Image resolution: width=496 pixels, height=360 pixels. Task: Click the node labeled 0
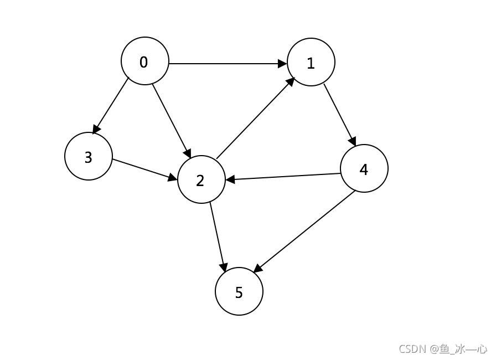pos(144,61)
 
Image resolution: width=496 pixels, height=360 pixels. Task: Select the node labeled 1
pos(311,62)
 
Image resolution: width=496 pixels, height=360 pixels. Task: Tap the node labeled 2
pos(201,179)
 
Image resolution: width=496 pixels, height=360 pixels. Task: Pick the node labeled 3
pos(89,156)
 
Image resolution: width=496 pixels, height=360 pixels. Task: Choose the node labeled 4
pos(364,168)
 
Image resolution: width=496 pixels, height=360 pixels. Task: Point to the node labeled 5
pos(239,291)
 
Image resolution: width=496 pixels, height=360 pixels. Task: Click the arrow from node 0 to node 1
pos(227,63)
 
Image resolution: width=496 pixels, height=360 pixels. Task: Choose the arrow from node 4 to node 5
pos(304,231)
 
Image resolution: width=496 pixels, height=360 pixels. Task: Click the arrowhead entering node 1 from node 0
pos(283,63)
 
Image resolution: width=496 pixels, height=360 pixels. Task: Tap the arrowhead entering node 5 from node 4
pos(257,269)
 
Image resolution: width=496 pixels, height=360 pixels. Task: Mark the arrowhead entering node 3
pos(95,130)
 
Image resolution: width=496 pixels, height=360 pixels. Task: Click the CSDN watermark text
pos(443,348)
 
